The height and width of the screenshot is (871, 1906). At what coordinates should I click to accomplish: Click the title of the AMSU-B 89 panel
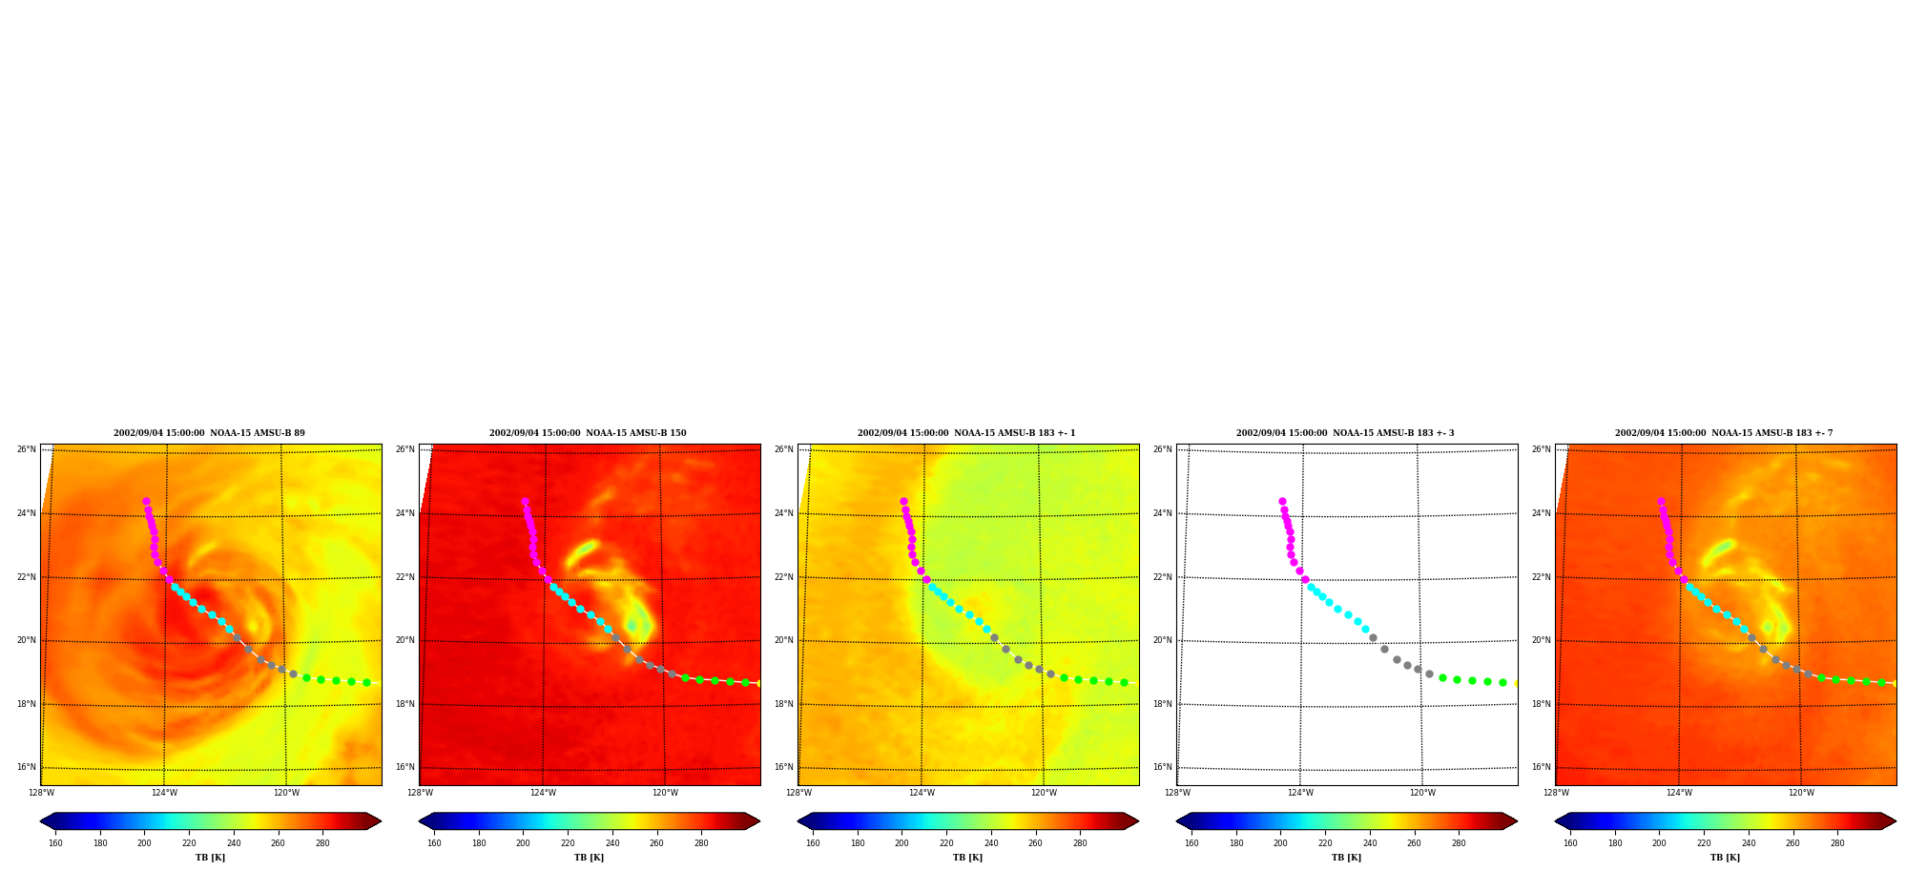pyautogui.click(x=209, y=433)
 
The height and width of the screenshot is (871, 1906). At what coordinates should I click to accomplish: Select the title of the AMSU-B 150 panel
pyautogui.click(x=588, y=433)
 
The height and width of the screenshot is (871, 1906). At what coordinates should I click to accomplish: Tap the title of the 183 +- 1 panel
pyautogui.click(x=966, y=433)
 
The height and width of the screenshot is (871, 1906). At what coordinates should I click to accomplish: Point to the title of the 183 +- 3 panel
pyautogui.click(x=1345, y=433)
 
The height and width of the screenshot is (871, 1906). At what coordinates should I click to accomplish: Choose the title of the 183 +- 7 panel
pyautogui.click(x=1724, y=433)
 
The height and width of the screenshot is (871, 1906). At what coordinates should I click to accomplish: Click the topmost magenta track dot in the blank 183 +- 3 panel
pyautogui.click(x=1282, y=501)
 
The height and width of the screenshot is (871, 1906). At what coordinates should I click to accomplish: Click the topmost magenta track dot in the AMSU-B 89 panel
pyautogui.click(x=146, y=501)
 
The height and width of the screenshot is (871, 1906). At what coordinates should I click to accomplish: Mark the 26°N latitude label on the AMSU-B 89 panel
pyautogui.click(x=27, y=449)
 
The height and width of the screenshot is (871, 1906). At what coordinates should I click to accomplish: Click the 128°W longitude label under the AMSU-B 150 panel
pyautogui.click(x=420, y=793)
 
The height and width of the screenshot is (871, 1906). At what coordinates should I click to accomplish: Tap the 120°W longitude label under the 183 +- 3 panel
pyautogui.click(x=1422, y=793)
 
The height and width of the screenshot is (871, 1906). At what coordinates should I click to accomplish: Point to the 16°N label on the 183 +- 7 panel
pyautogui.click(x=1542, y=767)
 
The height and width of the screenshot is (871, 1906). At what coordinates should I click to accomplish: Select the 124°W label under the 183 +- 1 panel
pyautogui.click(x=922, y=793)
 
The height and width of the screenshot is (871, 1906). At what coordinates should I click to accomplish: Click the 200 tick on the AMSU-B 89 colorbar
pyautogui.click(x=144, y=843)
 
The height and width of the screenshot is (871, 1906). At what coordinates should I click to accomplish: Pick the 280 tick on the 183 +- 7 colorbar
pyautogui.click(x=1837, y=843)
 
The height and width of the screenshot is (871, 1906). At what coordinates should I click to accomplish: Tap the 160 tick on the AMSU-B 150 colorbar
pyautogui.click(x=434, y=843)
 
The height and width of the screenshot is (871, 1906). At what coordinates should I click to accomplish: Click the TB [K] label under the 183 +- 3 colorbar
pyautogui.click(x=1346, y=858)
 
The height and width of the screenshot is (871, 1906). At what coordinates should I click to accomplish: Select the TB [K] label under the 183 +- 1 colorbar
pyautogui.click(x=967, y=858)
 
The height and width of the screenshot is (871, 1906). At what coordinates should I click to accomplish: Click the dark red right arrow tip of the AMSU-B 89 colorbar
pyautogui.click(x=381, y=821)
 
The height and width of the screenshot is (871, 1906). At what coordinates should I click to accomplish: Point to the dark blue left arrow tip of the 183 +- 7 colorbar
pyautogui.click(x=1556, y=821)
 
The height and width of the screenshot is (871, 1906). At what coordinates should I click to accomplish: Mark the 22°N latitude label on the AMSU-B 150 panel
pyautogui.click(x=405, y=577)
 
